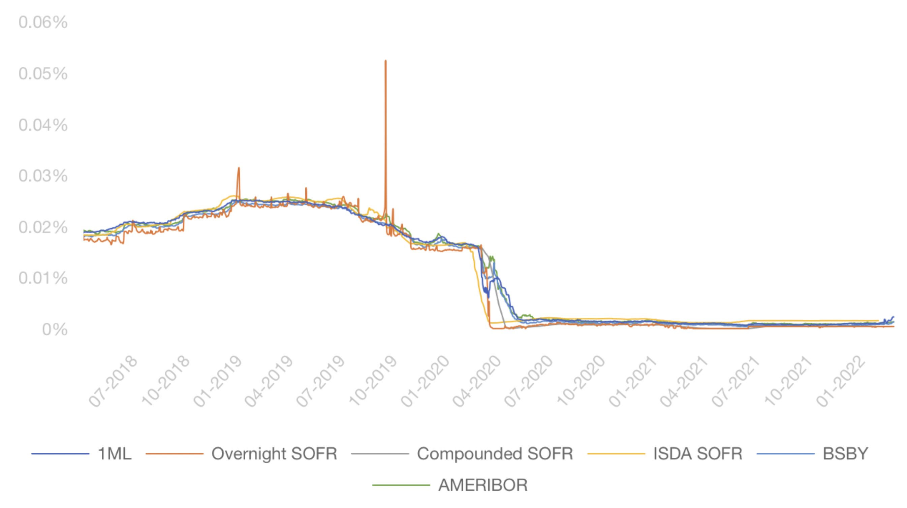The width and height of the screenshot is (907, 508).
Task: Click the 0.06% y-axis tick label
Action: (x=43, y=23)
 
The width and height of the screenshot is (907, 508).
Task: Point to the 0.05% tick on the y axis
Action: (x=43, y=74)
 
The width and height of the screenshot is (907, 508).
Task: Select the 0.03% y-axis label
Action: (x=43, y=176)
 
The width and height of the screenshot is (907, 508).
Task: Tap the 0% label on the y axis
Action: (x=55, y=330)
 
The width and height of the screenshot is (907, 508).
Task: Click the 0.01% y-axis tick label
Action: (x=43, y=279)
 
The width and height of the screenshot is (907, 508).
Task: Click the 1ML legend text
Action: (x=115, y=454)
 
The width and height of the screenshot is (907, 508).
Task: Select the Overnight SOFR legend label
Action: (x=274, y=454)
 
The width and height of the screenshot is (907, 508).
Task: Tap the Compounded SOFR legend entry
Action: (x=495, y=454)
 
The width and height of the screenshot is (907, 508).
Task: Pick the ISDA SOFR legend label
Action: (x=697, y=454)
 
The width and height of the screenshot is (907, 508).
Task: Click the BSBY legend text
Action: (x=845, y=454)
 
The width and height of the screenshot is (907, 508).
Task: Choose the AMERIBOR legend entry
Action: (x=483, y=485)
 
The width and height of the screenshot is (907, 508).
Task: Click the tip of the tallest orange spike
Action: (x=385, y=61)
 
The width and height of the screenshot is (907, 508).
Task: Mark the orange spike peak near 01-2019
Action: (x=239, y=168)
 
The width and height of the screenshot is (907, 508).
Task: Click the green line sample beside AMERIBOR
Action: (x=401, y=485)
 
